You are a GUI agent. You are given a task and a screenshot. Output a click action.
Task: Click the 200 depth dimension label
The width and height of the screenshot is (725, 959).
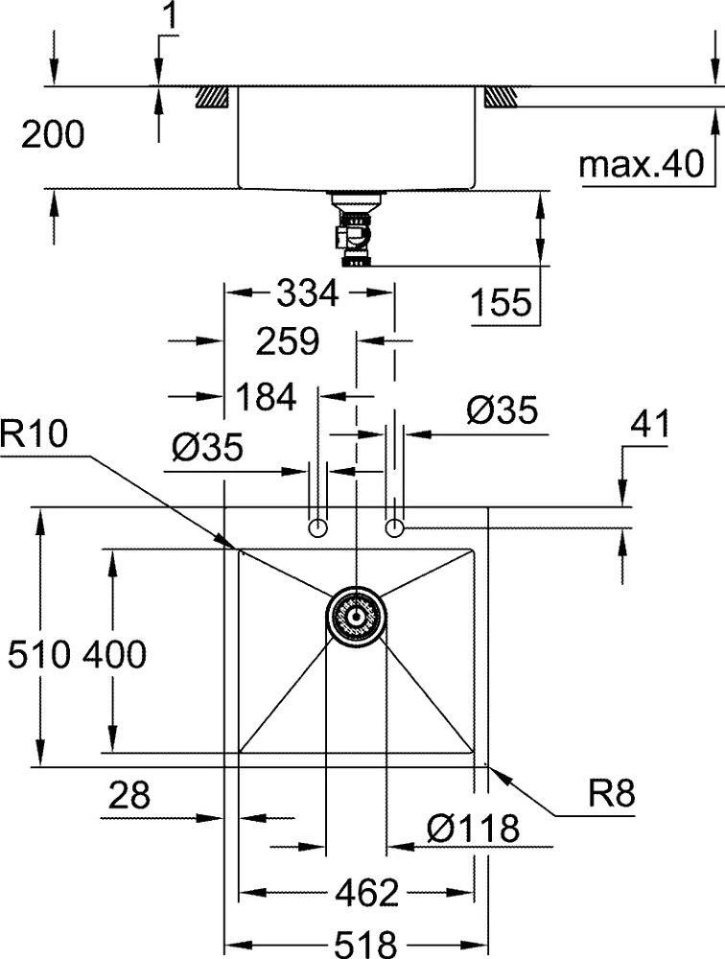53,135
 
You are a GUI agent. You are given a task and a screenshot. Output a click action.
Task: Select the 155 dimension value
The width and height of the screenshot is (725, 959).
501,303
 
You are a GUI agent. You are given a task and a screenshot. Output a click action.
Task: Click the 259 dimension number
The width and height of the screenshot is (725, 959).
287,341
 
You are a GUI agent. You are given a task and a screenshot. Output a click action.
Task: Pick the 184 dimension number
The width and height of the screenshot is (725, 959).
266,397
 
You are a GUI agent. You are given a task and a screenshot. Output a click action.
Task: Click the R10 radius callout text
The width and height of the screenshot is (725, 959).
35,434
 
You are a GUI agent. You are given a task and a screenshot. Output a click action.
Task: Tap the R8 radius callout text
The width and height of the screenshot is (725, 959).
612,795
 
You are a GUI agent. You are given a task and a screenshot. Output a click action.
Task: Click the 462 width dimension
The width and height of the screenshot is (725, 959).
367,894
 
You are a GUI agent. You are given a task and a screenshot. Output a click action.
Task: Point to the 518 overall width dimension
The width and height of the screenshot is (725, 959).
364,946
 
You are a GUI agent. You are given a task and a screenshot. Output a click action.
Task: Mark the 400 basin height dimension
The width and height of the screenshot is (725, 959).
114,655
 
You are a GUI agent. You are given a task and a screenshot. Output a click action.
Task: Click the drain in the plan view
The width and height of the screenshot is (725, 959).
356,615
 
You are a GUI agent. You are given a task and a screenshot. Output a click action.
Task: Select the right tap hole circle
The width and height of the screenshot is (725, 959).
394,527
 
